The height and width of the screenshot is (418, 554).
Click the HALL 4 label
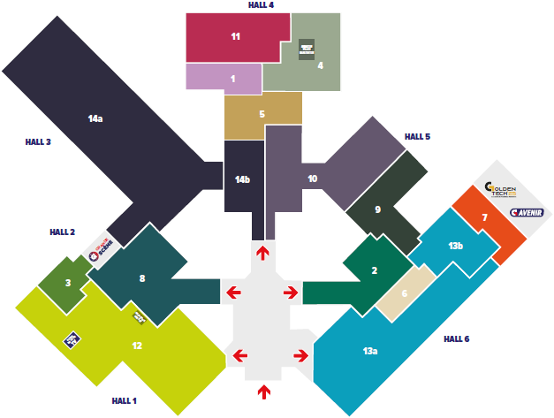point(261,5)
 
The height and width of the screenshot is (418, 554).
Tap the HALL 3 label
point(38,141)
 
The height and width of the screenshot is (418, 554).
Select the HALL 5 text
point(417,137)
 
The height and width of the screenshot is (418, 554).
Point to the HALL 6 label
point(456,339)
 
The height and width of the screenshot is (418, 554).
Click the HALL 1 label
point(124,400)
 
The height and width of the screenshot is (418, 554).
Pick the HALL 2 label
point(62,232)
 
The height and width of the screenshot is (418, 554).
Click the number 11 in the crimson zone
point(235,37)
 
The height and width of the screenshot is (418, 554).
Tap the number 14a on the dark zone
point(95,118)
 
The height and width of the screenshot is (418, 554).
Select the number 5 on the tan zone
point(262,114)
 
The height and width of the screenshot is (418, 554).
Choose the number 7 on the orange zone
point(484,217)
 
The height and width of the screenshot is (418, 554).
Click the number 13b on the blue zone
point(455,246)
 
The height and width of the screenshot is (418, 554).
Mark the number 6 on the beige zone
point(404,294)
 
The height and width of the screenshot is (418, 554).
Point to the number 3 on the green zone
point(67,283)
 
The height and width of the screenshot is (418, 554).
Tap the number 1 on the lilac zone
point(232,79)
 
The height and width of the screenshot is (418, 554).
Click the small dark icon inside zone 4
point(307,48)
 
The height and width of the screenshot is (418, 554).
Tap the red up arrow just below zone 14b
point(262,254)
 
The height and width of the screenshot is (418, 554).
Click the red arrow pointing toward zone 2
point(290,292)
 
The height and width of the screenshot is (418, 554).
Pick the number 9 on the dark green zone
point(377,209)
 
